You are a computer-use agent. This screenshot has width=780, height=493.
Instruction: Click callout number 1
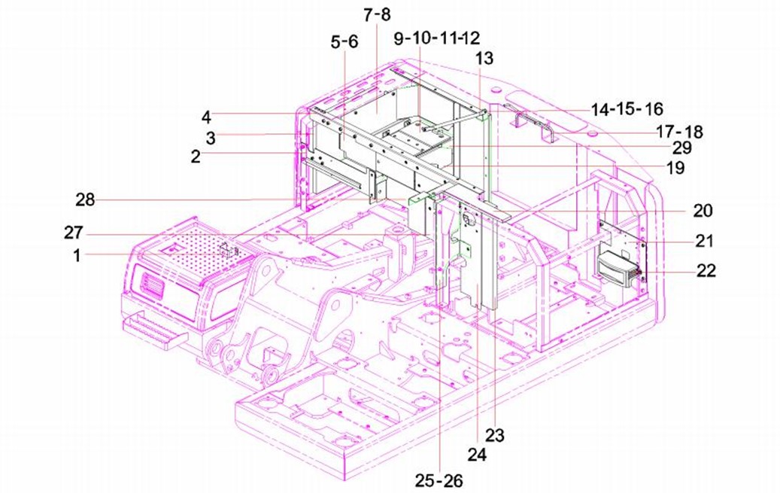(x=77, y=255)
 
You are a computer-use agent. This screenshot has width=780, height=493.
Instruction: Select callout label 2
(x=196, y=157)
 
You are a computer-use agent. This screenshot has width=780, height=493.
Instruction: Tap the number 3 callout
(x=211, y=138)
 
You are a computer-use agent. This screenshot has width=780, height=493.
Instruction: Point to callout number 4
(x=206, y=117)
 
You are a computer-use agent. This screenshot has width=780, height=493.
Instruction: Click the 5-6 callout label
(x=344, y=42)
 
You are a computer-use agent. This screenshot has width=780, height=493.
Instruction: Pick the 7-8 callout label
(x=377, y=15)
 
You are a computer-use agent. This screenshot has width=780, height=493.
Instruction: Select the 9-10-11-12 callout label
(x=437, y=38)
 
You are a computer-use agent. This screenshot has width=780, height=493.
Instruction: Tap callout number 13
(x=484, y=58)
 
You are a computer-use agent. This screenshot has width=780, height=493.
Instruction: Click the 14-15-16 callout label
(x=627, y=109)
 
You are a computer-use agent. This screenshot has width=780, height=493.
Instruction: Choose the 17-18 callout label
(x=679, y=132)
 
